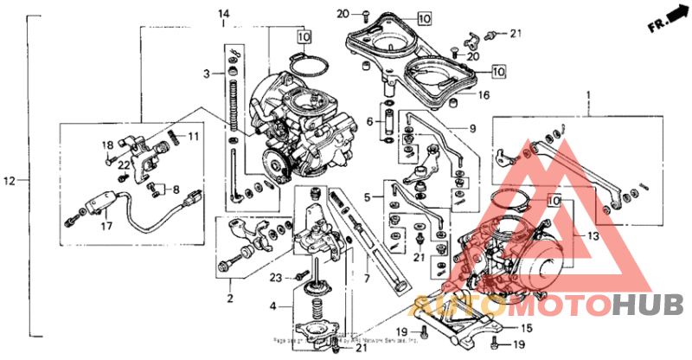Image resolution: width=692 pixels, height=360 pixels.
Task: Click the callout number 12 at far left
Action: point(10,181)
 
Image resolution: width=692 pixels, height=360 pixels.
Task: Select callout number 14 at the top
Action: point(223,14)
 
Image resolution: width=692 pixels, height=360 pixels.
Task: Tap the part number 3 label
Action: point(208,74)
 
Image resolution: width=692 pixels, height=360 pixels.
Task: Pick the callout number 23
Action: point(276,278)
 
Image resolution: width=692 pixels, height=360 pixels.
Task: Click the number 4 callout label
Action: point(274,305)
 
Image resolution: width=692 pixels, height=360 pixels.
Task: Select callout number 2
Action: point(230,299)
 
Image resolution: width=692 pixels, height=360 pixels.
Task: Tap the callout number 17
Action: point(106,227)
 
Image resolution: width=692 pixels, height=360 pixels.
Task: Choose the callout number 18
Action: point(108,145)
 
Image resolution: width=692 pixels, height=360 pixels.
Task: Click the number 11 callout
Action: point(194,137)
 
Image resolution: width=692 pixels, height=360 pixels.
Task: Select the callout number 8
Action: point(176,189)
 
